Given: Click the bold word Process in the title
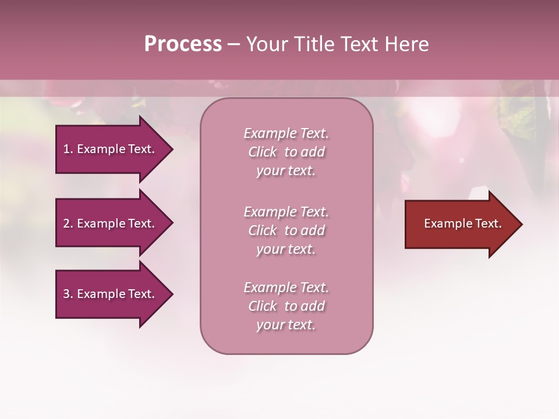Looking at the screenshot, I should pyautogui.click(x=183, y=44).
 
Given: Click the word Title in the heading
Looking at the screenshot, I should pyautogui.click(x=315, y=44).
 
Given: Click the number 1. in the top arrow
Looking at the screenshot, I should pyautogui.click(x=68, y=149).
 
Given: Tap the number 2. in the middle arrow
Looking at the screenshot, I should pyautogui.click(x=68, y=223).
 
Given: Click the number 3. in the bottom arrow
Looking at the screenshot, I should pyautogui.click(x=68, y=294).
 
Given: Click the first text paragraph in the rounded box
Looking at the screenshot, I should pyautogui.click(x=286, y=152).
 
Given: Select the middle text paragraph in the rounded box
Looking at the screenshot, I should pyautogui.click(x=286, y=230).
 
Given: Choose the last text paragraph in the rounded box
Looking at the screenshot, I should pyautogui.click(x=286, y=306).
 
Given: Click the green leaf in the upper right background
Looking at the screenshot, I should pyautogui.click(x=518, y=116).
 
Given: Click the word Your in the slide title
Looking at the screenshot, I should pyautogui.click(x=267, y=44).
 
